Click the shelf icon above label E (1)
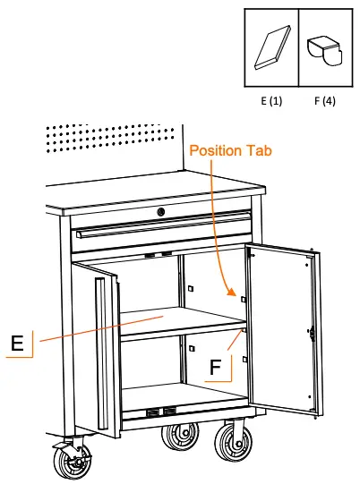click(x=271, y=49)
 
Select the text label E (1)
click(x=271, y=101)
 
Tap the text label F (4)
click(x=323, y=101)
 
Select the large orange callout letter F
click(x=216, y=367)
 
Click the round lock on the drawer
click(x=161, y=212)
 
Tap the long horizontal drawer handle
click(x=161, y=233)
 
